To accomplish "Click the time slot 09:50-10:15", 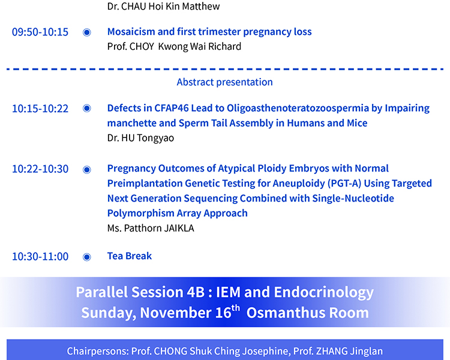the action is click(40, 32).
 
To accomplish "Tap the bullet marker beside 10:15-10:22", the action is click(86, 108).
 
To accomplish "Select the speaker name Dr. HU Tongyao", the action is click(140, 138).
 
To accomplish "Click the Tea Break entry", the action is click(130, 256).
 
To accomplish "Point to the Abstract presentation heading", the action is click(225, 82).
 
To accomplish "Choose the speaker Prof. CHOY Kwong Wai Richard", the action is click(174, 47).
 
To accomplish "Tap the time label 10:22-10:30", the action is click(40, 169).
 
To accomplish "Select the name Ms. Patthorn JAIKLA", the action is click(151, 228).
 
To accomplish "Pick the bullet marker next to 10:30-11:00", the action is click(86, 257).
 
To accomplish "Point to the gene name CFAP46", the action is click(172, 108).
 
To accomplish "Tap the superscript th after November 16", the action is click(235, 308).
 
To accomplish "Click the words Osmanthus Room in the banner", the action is click(308, 313).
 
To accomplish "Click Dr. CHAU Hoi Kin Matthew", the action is click(164, 7).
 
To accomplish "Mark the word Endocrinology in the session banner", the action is click(324, 293).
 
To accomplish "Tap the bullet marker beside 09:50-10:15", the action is click(86, 32).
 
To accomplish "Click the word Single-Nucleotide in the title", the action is click(353, 198).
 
